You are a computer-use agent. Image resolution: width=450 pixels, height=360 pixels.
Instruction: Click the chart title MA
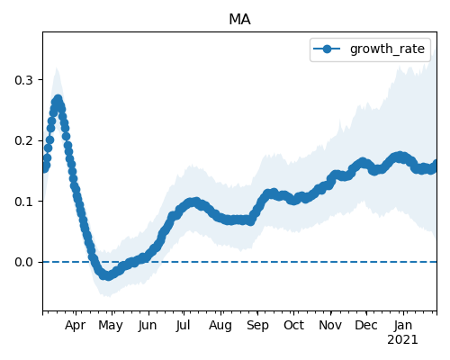[x=239, y=20]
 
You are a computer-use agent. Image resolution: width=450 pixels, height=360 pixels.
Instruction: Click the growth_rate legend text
[x=387, y=49]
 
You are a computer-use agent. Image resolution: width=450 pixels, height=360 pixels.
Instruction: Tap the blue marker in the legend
[x=327, y=49]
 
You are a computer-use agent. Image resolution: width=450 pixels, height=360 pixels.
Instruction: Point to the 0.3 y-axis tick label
[x=23, y=80]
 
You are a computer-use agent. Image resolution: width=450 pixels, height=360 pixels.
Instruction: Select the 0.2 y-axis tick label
[x=23, y=140]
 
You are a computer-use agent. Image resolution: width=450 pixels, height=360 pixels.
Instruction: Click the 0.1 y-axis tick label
[x=23, y=202]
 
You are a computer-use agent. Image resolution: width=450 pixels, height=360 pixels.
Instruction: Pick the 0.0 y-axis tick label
[x=23, y=262]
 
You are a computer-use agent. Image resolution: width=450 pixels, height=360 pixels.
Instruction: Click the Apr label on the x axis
[x=76, y=326]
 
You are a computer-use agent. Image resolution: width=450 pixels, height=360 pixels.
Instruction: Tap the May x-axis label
[x=111, y=326]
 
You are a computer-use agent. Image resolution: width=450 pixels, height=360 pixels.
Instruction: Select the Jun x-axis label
[x=148, y=326]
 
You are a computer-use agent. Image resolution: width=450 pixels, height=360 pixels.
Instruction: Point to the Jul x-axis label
[x=183, y=325]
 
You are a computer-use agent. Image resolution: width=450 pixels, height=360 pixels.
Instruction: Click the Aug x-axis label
[x=220, y=326]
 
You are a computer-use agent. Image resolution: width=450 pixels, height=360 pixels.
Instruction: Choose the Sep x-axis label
[x=257, y=326]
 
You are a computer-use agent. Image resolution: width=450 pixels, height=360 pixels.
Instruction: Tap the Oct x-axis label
[x=294, y=325]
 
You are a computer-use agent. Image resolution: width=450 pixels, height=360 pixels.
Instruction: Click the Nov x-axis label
[x=330, y=325]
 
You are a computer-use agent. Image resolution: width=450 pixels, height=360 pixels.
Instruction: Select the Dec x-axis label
[x=366, y=325]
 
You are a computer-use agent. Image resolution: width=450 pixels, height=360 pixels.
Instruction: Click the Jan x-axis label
[x=403, y=325]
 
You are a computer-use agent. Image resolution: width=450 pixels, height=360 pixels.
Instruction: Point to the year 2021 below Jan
[x=402, y=340]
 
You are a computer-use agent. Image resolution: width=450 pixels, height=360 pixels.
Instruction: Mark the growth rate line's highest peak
[x=58, y=99]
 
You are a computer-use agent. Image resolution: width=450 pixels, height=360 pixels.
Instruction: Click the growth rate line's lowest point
[x=108, y=276]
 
